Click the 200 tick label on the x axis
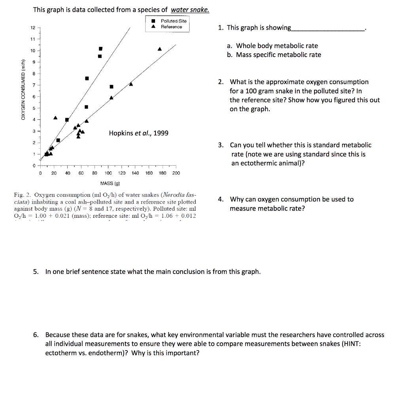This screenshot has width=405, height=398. (x=176, y=173)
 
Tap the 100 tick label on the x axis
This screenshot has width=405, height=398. (x=108, y=173)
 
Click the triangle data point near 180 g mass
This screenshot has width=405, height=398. (x=160, y=49)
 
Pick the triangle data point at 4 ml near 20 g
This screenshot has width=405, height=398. (x=55, y=118)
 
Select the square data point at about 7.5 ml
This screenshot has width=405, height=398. (x=87, y=78)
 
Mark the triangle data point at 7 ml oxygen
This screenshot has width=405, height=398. (x=131, y=84)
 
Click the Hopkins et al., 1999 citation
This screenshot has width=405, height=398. (x=138, y=133)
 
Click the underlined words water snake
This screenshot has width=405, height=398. (x=190, y=10)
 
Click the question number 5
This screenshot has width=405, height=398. (x=36, y=272)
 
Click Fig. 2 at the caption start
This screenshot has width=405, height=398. (x=21, y=195)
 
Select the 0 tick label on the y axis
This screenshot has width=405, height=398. (x=34, y=165)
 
